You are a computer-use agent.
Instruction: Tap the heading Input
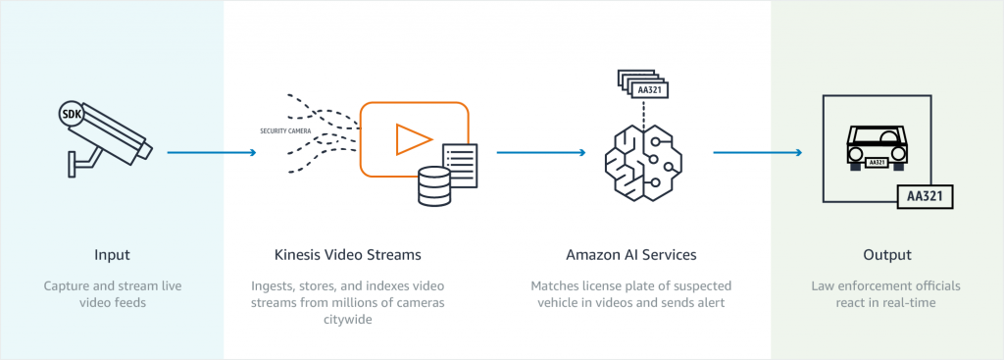112,255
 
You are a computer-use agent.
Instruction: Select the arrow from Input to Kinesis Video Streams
212,152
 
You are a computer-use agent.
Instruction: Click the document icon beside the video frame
460,166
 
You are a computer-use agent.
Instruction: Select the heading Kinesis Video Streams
347,255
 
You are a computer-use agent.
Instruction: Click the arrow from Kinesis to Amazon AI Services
541,152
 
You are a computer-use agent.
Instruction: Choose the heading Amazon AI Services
630,255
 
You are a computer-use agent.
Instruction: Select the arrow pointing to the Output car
757,152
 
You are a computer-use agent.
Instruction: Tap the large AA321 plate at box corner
926,195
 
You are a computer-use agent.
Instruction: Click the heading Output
885,255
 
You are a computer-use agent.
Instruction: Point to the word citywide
347,320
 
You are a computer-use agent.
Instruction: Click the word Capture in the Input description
67,285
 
